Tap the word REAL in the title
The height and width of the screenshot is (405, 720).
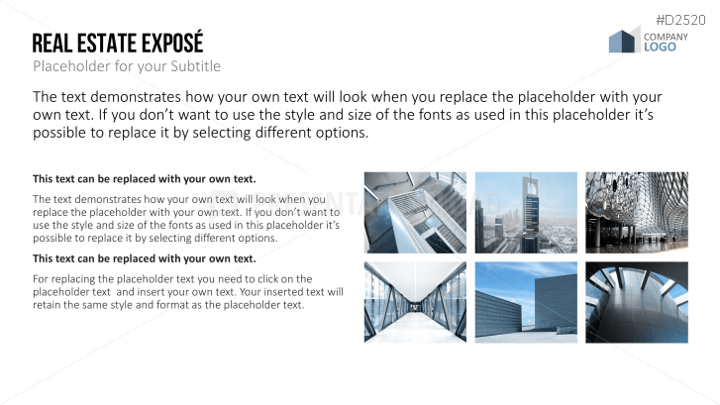coord(50,44)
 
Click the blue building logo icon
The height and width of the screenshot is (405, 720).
coord(623,41)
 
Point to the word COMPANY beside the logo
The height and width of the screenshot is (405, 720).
coord(666,37)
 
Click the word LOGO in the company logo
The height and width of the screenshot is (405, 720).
coord(660,47)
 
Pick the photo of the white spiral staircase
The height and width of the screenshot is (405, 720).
coord(416,212)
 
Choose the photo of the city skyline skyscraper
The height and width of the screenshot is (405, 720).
coord(526,212)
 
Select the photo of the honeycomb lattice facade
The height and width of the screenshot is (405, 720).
coord(636,212)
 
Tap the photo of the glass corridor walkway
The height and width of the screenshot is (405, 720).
coord(416,302)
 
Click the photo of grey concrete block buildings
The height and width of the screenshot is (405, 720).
coord(526,302)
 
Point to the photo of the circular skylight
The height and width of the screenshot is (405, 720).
coord(636,302)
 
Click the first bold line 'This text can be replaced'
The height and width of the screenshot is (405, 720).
coord(145,179)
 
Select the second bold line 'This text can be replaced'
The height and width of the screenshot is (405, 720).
coord(145,258)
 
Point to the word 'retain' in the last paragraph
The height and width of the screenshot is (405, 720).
coord(49,305)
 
